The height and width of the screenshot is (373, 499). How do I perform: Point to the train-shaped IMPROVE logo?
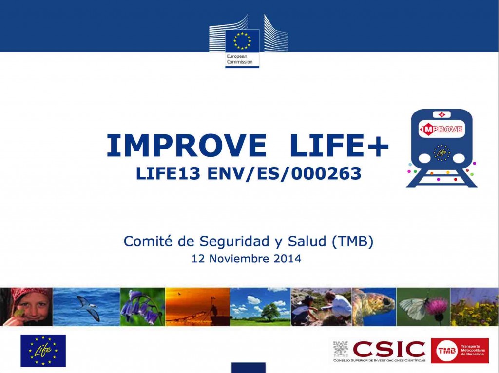(441, 148)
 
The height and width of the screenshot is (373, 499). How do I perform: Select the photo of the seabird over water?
(86, 307)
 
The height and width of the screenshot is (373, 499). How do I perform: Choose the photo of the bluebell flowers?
(142, 307)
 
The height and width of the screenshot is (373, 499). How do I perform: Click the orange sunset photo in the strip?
(197, 307)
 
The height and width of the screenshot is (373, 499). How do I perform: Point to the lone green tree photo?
(260, 307)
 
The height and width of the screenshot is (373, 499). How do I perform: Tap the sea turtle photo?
(373, 307)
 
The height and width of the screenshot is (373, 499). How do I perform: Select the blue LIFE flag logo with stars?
(43, 351)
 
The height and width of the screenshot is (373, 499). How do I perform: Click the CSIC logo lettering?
(389, 349)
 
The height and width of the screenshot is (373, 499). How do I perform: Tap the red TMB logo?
(460, 351)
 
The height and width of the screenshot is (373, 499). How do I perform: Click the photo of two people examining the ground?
(321, 307)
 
